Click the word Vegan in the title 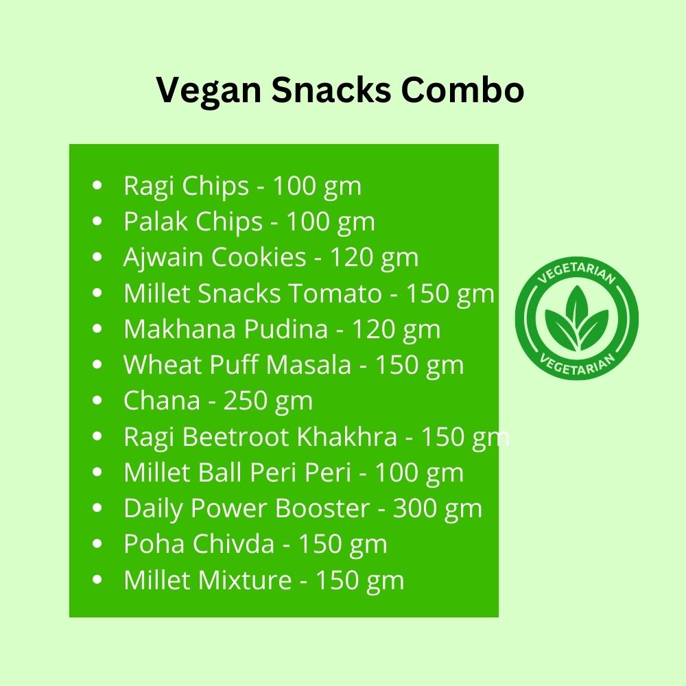(209, 91)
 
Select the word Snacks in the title (331, 90)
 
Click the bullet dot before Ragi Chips (97, 185)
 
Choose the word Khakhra (347, 436)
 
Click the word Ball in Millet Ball (220, 472)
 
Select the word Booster (322, 508)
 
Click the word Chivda (233, 544)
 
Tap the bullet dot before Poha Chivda (97, 543)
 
